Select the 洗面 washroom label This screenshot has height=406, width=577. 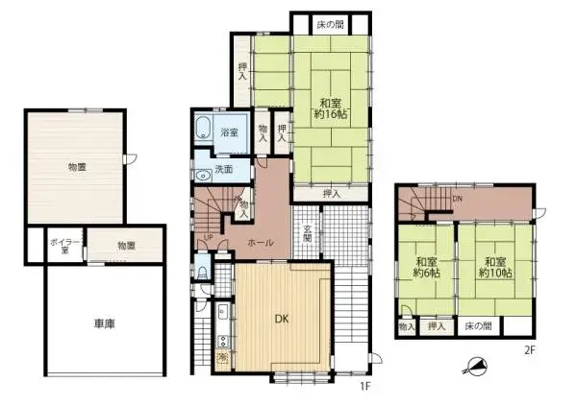(x=223, y=169)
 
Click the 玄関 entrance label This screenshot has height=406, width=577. (x=307, y=233)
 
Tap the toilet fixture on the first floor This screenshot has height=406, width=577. (x=201, y=273)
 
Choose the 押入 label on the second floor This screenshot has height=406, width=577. (x=437, y=327)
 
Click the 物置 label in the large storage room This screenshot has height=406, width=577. (x=77, y=167)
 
